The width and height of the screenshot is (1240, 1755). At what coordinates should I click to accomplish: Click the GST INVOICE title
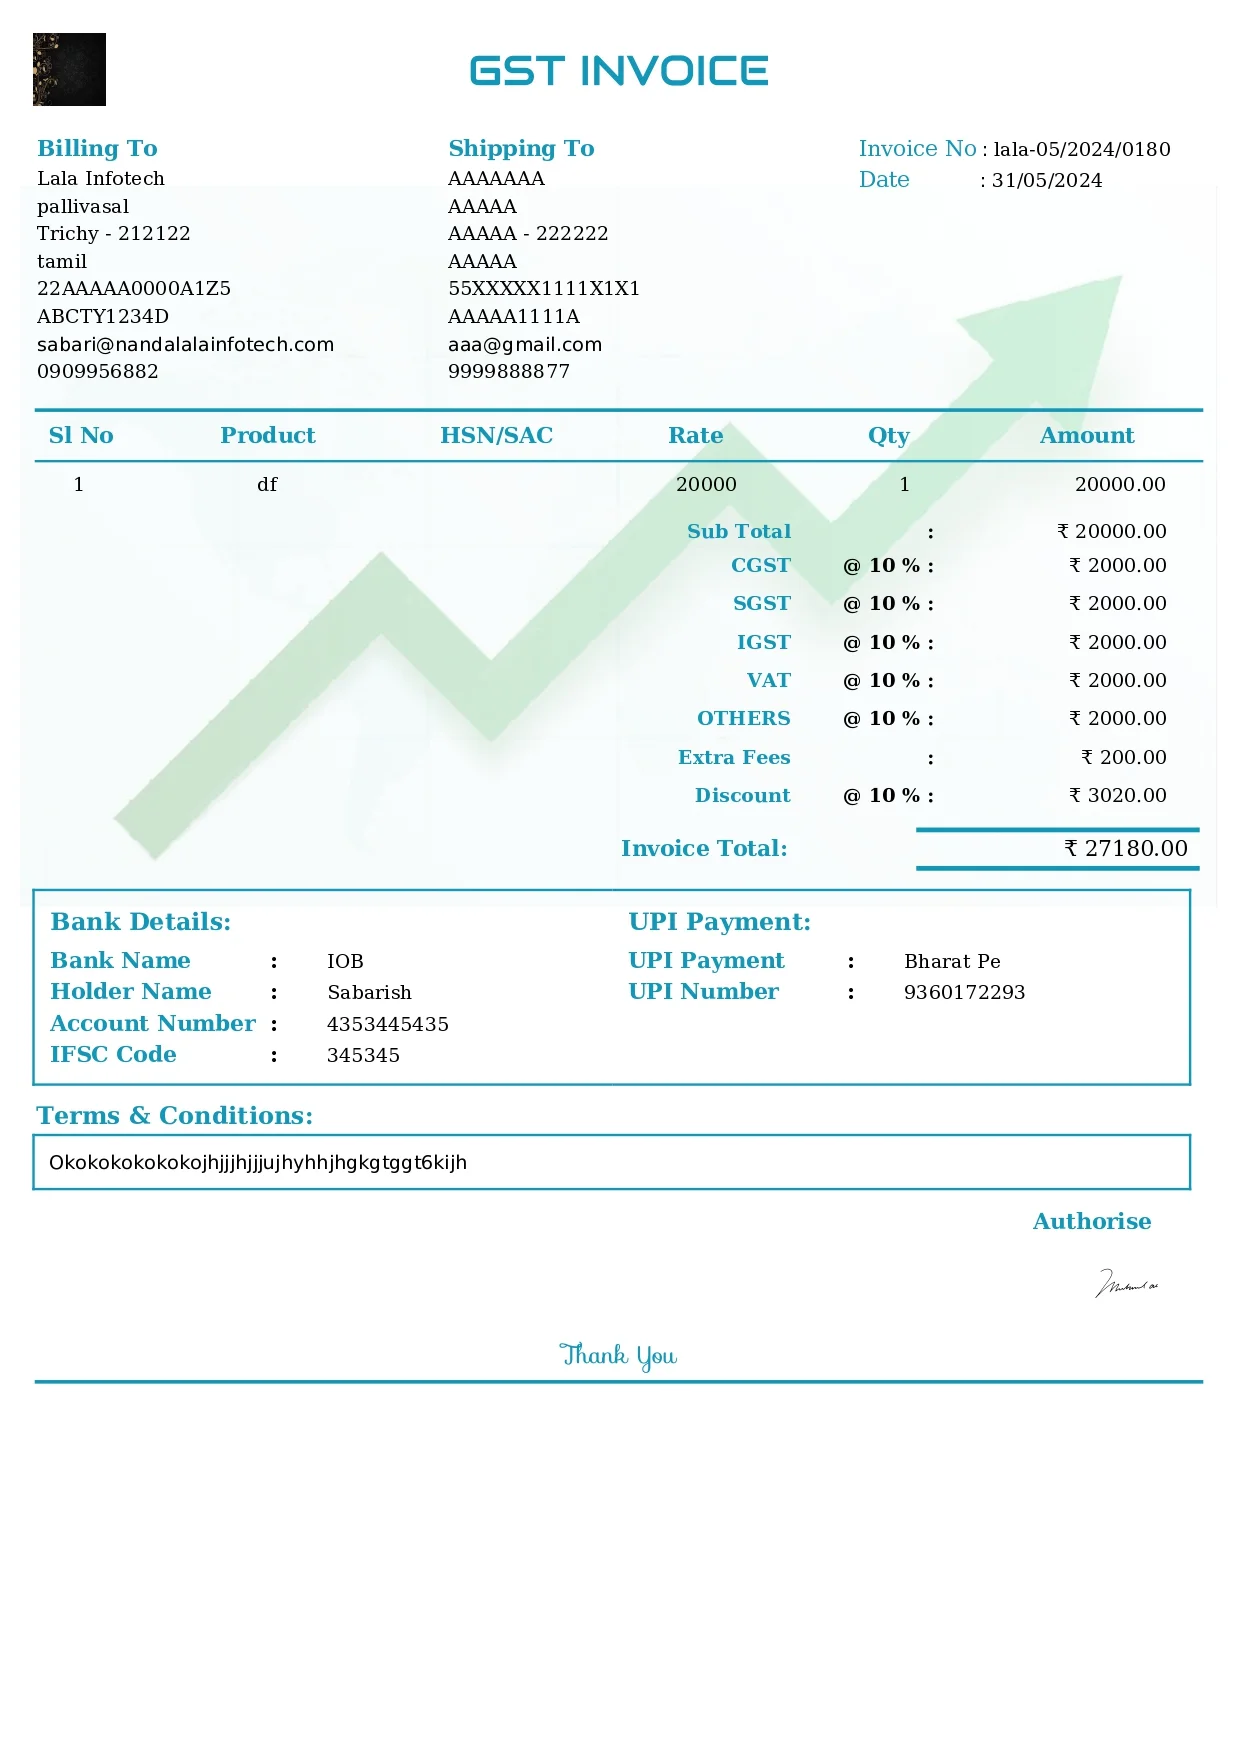tap(618, 71)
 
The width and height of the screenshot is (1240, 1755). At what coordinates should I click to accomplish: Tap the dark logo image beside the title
tap(69, 69)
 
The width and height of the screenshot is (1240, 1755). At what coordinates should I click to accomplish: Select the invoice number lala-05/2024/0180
tap(1082, 150)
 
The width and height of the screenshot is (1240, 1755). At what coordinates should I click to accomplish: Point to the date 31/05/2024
tap(1046, 181)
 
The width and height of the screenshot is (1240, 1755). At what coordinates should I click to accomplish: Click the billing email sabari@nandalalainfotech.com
tap(185, 345)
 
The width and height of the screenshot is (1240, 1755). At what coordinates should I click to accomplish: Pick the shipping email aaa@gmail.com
tap(525, 345)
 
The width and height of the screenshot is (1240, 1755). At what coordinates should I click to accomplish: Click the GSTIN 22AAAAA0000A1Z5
tap(134, 289)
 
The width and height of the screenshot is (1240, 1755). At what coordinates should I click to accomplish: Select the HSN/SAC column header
tap(496, 436)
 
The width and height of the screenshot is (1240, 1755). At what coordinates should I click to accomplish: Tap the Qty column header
tap(888, 436)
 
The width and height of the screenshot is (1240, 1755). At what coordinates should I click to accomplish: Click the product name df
tap(267, 485)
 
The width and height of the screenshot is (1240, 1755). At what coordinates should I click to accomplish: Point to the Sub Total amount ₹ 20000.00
tap(1112, 532)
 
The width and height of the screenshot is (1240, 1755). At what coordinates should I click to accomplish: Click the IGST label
tap(763, 643)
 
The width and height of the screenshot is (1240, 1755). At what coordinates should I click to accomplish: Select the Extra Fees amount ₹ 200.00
tap(1124, 758)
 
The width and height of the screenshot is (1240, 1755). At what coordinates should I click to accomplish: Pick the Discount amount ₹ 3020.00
tap(1118, 796)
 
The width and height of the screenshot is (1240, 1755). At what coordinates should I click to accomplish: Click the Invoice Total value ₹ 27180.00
tap(1126, 849)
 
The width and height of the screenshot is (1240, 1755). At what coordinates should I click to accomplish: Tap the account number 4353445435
tap(388, 1025)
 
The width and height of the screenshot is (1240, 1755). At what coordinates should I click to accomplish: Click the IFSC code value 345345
tap(363, 1056)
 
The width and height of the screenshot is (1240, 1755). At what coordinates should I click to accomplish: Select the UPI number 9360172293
tap(964, 993)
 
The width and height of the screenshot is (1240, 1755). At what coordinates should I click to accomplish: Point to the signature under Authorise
tap(1126, 1284)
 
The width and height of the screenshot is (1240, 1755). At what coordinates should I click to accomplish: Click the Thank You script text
tap(618, 1356)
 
